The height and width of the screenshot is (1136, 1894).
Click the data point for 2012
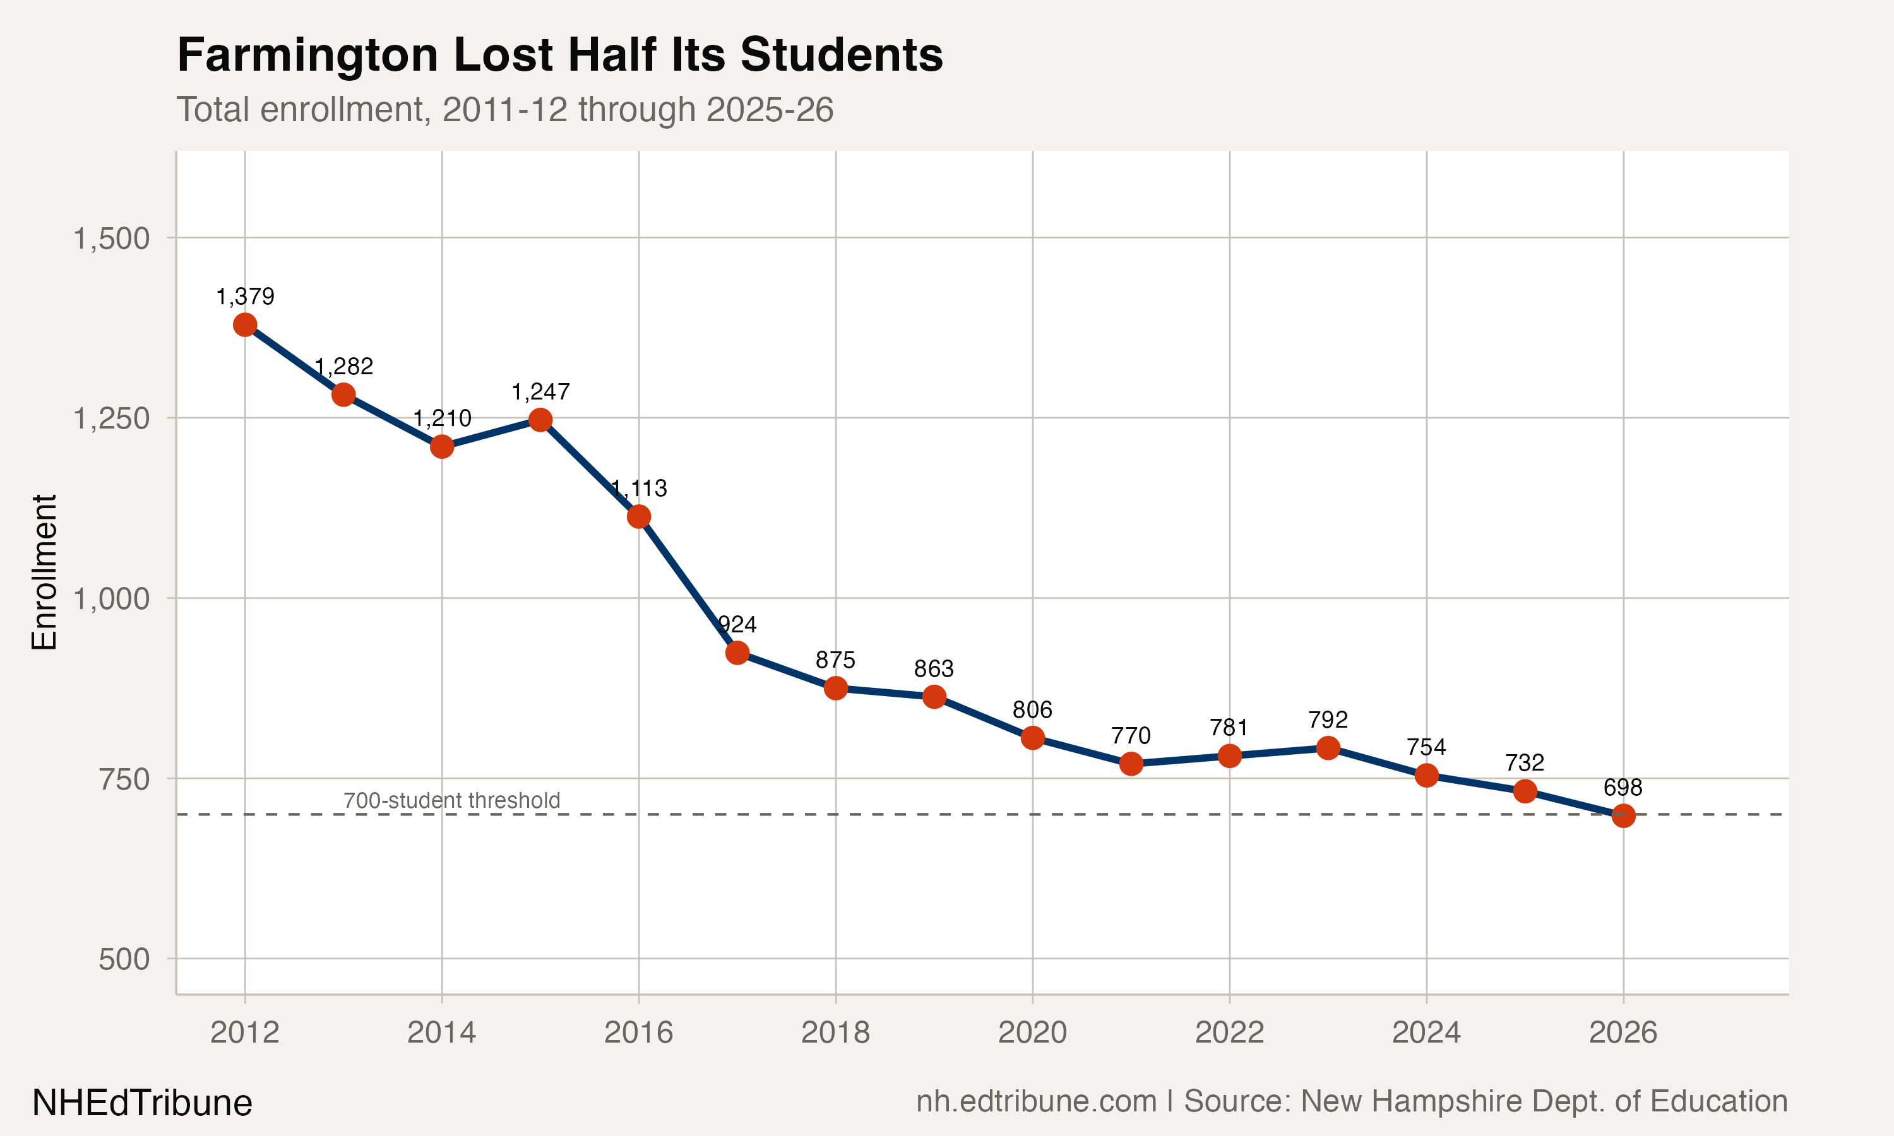pyautogui.click(x=245, y=324)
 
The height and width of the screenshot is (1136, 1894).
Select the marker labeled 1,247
pyautogui.click(x=540, y=420)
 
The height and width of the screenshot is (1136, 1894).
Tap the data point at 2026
pyautogui.click(x=1623, y=815)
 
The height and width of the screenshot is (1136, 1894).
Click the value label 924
pyautogui.click(x=738, y=625)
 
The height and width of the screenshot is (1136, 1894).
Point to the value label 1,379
pyautogui.click(x=245, y=296)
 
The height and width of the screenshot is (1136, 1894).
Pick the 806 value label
pyautogui.click(x=1032, y=709)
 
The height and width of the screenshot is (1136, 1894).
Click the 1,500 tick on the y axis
pyautogui.click(x=111, y=239)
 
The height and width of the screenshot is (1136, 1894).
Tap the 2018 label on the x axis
pyautogui.click(x=835, y=1032)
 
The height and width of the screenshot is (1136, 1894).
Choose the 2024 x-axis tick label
pyautogui.click(x=1426, y=1032)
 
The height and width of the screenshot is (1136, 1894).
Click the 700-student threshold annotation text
pyautogui.click(x=451, y=801)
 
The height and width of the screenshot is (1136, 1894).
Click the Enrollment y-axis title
pyautogui.click(x=44, y=572)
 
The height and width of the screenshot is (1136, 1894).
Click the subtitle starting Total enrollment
pyautogui.click(x=504, y=109)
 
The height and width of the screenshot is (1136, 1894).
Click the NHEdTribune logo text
pyautogui.click(x=143, y=1103)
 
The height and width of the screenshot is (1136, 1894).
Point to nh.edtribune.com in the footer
pyautogui.click(x=1037, y=1101)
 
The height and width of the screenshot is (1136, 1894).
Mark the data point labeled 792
pyautogui.click(x=1328, y=747)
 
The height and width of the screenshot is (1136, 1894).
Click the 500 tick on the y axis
pyautogui.click(x=124, y=959)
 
